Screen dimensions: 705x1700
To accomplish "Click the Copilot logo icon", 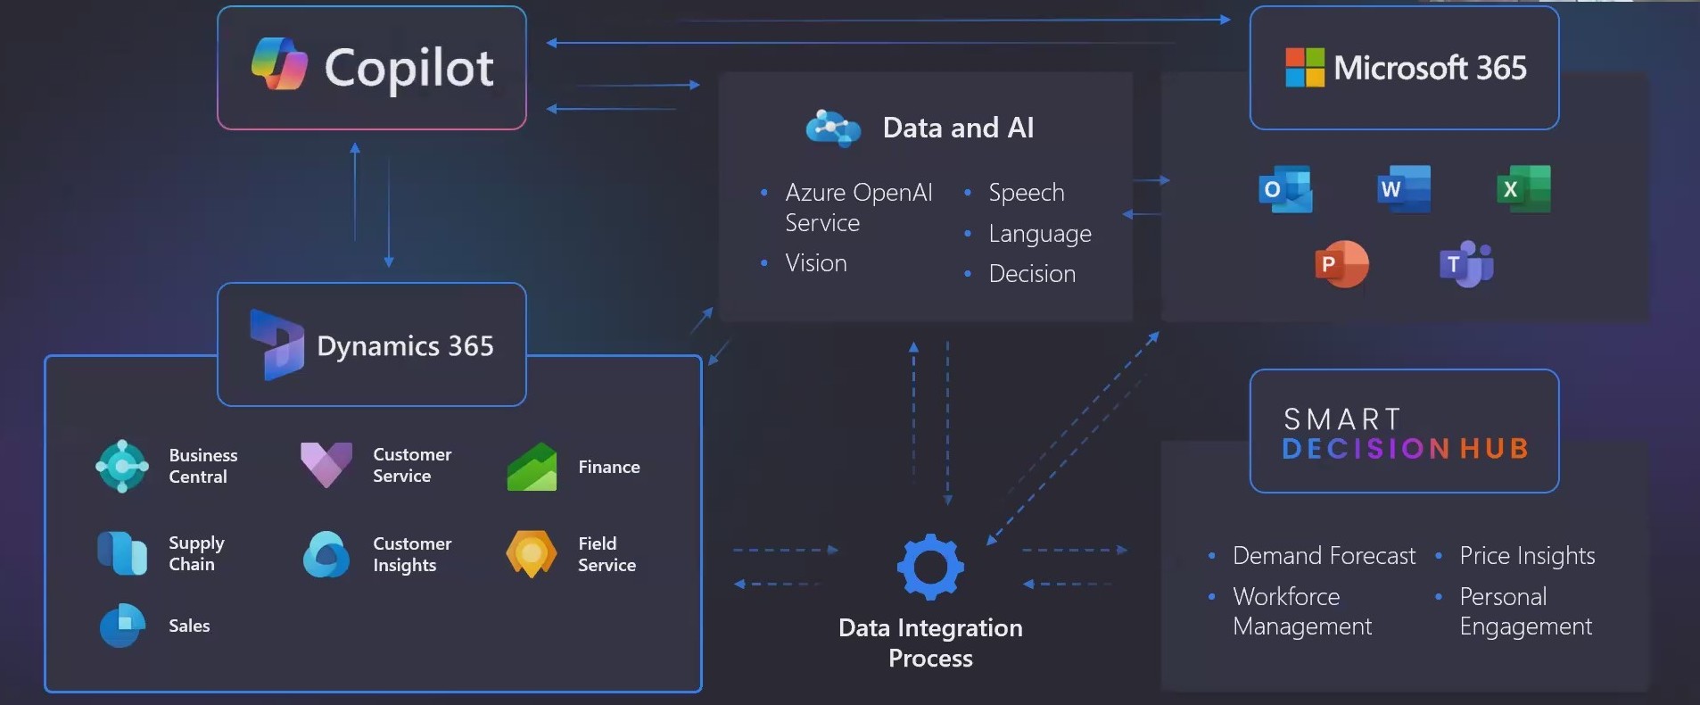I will [x=279, y=64].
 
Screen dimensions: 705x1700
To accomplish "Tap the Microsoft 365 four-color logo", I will [x=1304, y=67].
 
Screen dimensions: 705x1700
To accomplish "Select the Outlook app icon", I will [x=1285, y=189].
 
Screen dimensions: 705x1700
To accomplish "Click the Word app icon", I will [x=1403, y=189].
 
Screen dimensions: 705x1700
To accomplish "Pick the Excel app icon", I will [x=1523, y=189].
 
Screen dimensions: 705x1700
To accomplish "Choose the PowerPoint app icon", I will [x=1341, y=264].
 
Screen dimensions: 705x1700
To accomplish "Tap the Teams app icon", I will [x=1465, y=264].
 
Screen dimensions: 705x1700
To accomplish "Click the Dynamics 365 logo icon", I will [x=276, y=345].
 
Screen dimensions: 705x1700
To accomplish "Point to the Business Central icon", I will [x=122, y=466].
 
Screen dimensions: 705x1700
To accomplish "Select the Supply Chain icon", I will [x=122, y=553].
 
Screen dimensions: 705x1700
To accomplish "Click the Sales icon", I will [x=122, y=626].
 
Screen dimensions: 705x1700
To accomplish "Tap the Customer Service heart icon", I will [x=326, y=464].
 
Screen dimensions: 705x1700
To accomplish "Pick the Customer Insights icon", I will [x=326, y=554].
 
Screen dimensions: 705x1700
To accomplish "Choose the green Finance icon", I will [x=532, y=467].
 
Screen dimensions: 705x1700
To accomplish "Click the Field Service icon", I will [x=532, y=554].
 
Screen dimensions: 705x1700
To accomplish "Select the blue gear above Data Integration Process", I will [x=930, y=567].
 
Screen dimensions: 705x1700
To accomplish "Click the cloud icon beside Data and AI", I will [x=832, y=129].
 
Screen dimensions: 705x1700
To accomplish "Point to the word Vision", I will [x=816, y=263].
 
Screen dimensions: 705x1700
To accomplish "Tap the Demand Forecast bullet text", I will [x=1324, y=556].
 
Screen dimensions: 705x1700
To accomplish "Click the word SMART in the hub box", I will [x=1341, y=419].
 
